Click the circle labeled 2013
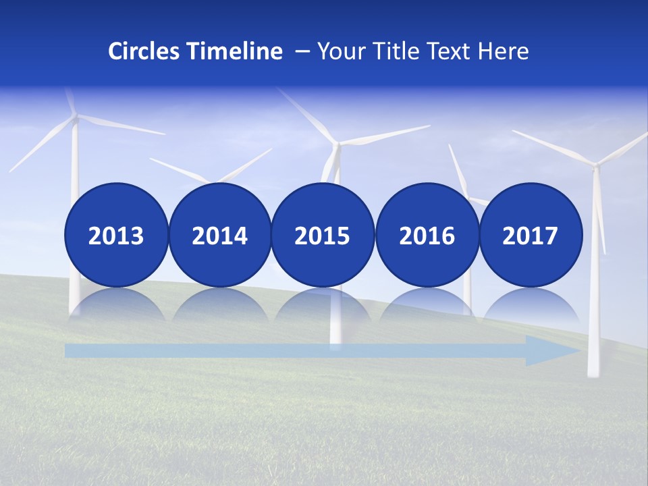pos(116,236)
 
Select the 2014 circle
pos(219,236)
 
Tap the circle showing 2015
pos(323,236)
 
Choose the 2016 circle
pos(427,236)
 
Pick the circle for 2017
pos(530,236)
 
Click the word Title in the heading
pos(394,51)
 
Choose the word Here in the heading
pos(504,51)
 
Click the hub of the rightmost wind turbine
pos(595,164)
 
